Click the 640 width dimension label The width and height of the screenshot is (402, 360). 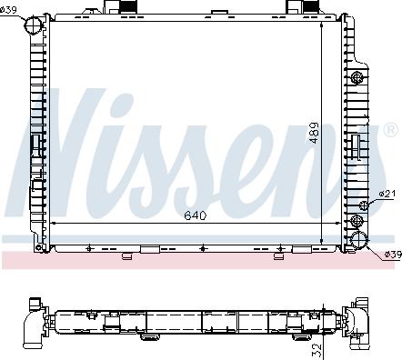(x=196, y=215)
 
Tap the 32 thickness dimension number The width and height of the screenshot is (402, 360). (x=316, y=351)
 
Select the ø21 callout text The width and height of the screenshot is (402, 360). (x=387, y=194)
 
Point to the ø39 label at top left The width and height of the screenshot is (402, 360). (x=8, y=10)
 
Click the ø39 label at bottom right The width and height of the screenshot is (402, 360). (x=393, y=255)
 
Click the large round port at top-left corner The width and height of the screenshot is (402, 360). (x=34, y=25)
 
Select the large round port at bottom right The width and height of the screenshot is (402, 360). (x=359, y=240)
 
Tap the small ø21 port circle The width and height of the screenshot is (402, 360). (x=364, y=205)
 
